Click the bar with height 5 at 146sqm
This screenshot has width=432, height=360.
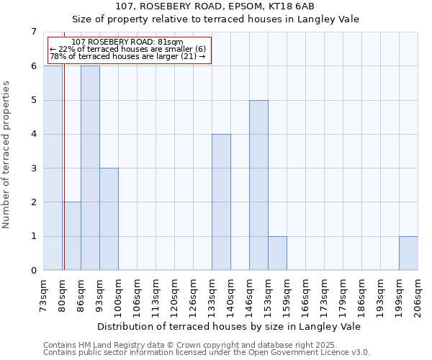[258, 185]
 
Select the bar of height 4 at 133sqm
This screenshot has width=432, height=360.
[221, 202]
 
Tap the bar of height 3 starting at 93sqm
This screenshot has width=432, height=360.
[109, 219]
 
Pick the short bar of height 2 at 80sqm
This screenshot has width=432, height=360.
[71, 236]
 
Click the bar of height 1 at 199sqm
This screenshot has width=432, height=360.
[408, 253]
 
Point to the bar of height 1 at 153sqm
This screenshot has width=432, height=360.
[277, 253]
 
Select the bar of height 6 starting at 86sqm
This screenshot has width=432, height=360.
[90, 168]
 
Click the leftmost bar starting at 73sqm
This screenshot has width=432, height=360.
[53, 168]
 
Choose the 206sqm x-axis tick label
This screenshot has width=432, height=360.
[418, 294]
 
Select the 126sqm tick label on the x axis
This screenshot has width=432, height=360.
[194, 294]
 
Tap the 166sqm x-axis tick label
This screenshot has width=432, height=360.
[306, 294]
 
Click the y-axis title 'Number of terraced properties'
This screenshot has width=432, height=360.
[6, 155]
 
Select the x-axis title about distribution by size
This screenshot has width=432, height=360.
[229, 326]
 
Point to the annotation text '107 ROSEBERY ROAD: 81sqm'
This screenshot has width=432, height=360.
[128, 42]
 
